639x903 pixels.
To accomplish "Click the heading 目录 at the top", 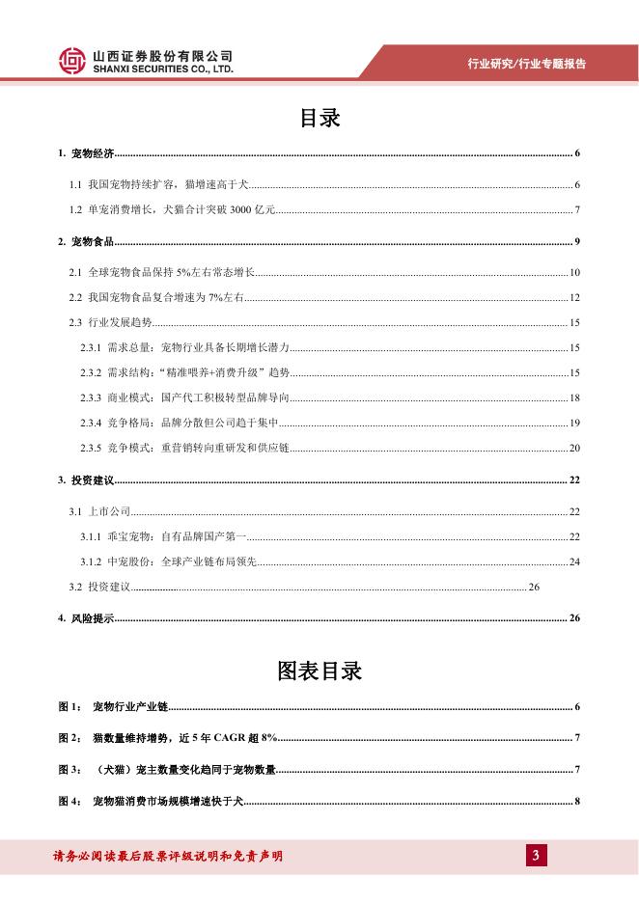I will click(x=319, y=119).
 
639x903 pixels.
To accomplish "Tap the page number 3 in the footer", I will click(x=535, y=856).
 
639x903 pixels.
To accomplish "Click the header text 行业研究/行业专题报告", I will click(x=526, y=64).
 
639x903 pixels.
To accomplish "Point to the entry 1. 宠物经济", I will click(x=87, y=154).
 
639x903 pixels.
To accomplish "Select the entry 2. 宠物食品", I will click(x=87, y=240).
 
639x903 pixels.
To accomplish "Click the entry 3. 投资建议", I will click(x=87, y=480).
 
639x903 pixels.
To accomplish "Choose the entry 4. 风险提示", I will click(x=87, y=617).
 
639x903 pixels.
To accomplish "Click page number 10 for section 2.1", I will click(x=573, y=274).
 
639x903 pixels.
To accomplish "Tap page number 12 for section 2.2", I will click(x=573, y=298).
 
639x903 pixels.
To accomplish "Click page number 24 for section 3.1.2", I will click(x=573, y=561).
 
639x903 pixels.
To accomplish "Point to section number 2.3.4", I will click(x=92, y=423).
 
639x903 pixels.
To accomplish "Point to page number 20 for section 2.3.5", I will click(x=573, y=448).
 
